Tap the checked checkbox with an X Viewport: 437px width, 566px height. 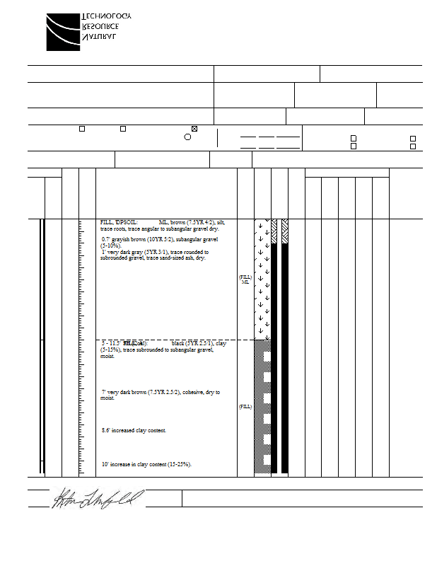194,129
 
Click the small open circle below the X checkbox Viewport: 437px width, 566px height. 187,137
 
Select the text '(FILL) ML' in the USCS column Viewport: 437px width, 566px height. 245,279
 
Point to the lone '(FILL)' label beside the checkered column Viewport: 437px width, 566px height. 245,407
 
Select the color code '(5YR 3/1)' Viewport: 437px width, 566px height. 156,252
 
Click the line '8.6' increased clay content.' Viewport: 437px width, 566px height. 134,430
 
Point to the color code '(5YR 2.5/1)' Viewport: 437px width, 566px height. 197,343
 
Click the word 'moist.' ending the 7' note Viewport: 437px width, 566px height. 108,398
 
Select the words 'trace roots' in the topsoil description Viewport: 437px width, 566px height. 113,229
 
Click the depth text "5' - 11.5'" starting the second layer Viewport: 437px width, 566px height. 111,343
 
